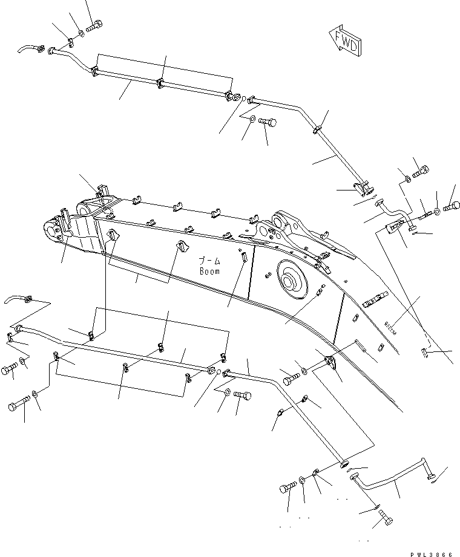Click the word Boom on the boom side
pyautogui.click(x=210, y=272)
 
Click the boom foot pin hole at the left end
pyautogui.click(x=50, y=230)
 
